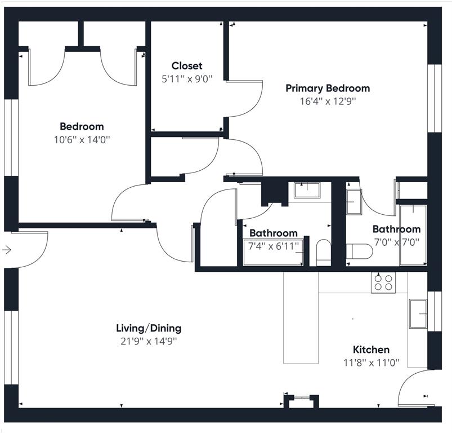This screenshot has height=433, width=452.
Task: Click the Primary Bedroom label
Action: point(328,89)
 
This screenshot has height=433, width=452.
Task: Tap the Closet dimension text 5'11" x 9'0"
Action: point(187,79)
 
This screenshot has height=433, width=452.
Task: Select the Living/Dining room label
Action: point(149,328)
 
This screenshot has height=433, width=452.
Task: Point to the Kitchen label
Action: point(372,350)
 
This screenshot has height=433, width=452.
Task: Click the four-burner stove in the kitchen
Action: point(383,282)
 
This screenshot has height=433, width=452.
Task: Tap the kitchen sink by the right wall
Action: point(418,313)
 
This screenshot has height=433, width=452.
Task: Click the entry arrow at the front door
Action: point(7,250)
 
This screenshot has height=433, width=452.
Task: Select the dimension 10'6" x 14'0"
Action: point(82,140)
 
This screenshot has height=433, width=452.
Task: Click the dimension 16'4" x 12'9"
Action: point(328,101)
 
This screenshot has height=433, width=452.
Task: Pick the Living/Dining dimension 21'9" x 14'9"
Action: point(149,342)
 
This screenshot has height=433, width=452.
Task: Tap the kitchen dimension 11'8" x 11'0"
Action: point(372,363)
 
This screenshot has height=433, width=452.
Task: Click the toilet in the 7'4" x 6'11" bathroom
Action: point(324,252)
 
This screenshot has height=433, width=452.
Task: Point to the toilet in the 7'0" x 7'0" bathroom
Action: point(359,251)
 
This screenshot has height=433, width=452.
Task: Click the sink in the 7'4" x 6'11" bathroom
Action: point(307,190)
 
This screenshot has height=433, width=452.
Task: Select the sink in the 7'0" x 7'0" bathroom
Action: point(354,202)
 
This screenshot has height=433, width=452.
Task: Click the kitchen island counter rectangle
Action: point(301,318)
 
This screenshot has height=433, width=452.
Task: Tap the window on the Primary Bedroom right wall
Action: point(435,98)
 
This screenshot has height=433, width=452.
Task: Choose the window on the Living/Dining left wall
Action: point(11,347)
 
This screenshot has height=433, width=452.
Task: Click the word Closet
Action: point(187,66)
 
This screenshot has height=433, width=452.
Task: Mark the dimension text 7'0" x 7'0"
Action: point(397,242)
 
